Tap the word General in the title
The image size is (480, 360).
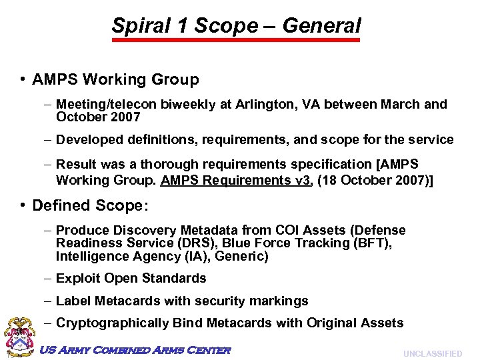[x=321, y=26]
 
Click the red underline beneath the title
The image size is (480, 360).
[x=235, y=41]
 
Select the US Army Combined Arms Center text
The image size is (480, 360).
[x=135, y=351]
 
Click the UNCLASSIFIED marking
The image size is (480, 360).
[x=433, y=353]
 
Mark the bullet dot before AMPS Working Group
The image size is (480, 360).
[x=23, y=80]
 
